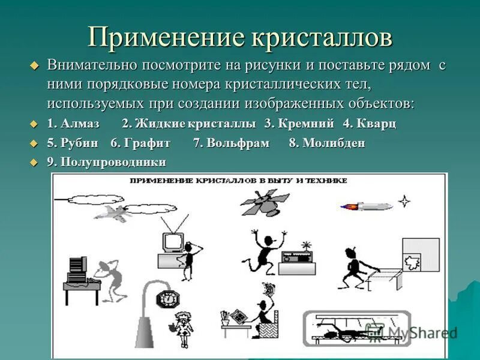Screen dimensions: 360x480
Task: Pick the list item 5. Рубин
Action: [72, 143]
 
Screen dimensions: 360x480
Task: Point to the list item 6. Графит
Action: [140, 143]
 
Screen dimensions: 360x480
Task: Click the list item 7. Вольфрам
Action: [231, 143]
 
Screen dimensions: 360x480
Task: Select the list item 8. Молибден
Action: [327, 143]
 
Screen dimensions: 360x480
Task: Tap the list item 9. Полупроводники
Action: [106, 162]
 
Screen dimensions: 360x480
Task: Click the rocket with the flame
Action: [366, 206]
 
